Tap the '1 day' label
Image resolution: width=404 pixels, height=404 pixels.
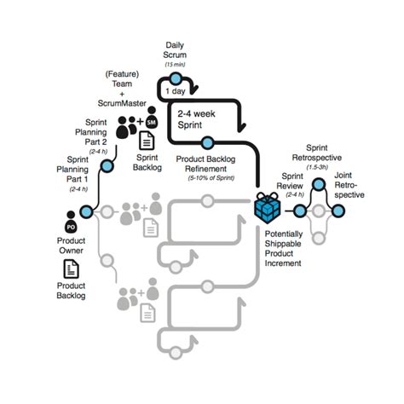(x=175, y=91)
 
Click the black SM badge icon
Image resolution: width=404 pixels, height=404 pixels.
(x=152, y=124)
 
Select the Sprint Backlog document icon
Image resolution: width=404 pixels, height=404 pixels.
(x=147, y=141)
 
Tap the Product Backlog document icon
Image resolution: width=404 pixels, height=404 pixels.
(x=72, y=268)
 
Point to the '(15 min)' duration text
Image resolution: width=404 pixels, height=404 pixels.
(x=176, y=63)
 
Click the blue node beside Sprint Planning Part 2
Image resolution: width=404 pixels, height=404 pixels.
(x=107, y=165)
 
